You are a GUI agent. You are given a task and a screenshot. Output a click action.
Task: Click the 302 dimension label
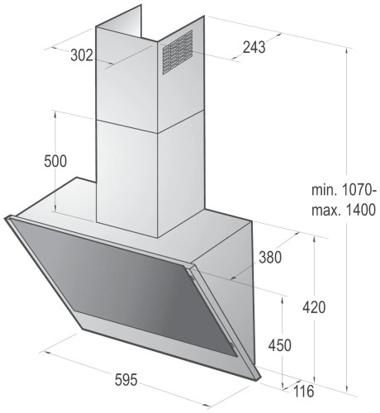[x=82, y=55]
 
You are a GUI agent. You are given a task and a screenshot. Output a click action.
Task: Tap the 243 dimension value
[x=254, y=47]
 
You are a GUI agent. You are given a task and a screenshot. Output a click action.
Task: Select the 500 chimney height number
[x=55, y=161]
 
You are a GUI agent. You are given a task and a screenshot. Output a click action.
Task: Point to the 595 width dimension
[x=126, y=380]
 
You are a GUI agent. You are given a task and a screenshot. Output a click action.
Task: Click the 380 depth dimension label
[x=270, y=258]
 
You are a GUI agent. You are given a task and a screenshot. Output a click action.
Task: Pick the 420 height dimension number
[x=314, y=307]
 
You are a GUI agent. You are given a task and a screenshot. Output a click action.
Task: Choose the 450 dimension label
[x=279, y=345]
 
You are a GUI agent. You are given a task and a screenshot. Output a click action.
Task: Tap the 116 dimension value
[x=303, y=392]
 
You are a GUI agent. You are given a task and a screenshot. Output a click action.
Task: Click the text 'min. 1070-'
[x=344, y=190]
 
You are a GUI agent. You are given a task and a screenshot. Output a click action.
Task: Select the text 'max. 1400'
[x=344, y=210]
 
